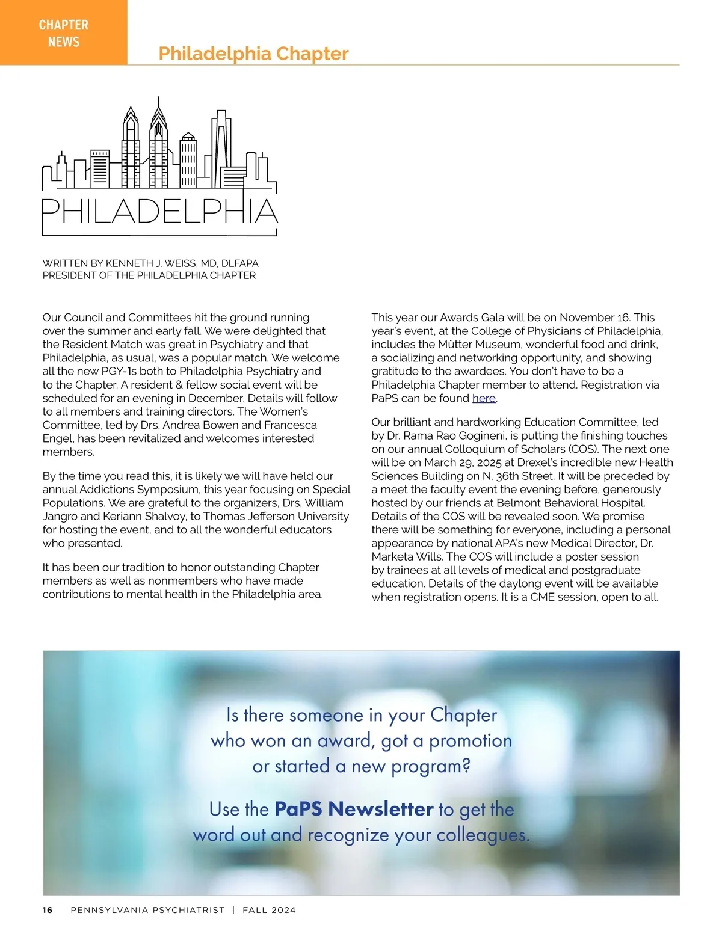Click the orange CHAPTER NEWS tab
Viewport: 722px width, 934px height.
63,32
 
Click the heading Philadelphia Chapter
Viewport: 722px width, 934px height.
253,54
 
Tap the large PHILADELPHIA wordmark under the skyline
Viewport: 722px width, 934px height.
159,211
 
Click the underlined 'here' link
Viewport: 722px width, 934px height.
484,398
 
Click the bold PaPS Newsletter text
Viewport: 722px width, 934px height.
354,809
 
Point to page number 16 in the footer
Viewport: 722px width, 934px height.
48,910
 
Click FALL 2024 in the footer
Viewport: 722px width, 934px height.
269,910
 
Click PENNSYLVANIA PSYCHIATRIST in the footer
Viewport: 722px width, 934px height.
147,910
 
